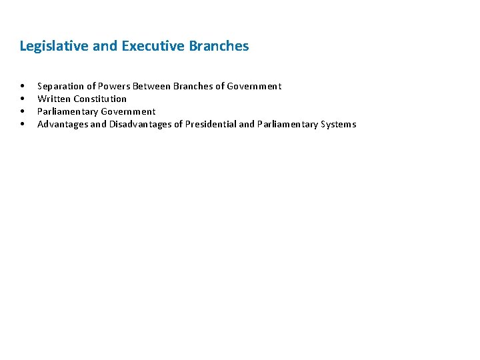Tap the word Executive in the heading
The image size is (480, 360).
(x=153, y=46)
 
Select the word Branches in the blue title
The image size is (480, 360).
(x=219, y=46)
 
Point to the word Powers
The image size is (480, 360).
(x=114, y=86)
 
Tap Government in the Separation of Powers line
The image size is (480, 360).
(x=254, y=86)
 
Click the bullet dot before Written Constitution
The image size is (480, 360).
(x=23, y=99)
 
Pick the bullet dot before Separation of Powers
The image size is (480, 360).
(x=23, y=86)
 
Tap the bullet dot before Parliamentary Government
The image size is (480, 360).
(x=23, y=111)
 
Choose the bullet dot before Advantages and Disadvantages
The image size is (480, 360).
(x=23, y=124)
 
